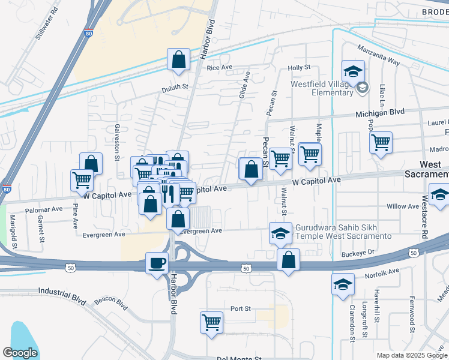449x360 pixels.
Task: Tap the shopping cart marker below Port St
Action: pyautogui.click(x=212, y=322)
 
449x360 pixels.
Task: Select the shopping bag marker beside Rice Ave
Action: pyautogui.click(x=179, y=59)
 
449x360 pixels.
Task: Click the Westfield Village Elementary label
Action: pyautogui.click(x=322, y=88)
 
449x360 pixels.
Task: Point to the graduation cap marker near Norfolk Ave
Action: pyautogui.click(x=343, y=283)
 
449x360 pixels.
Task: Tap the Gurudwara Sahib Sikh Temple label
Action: pyautogui.click(x=343, y=232)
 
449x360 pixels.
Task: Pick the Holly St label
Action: pyautogui.click(x=298, y=68)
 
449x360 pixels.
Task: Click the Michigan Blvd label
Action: pyautogui.click(x=380, y=112)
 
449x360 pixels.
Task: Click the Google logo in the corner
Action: pyautogui.click(x=20, y=353)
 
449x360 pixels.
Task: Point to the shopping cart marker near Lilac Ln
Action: pyautogui.click(x=381, y=143)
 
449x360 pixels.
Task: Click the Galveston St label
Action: pyautogui.click(x=117, y=143)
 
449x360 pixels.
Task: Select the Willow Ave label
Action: pyautogui.click(x=403, y=206)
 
